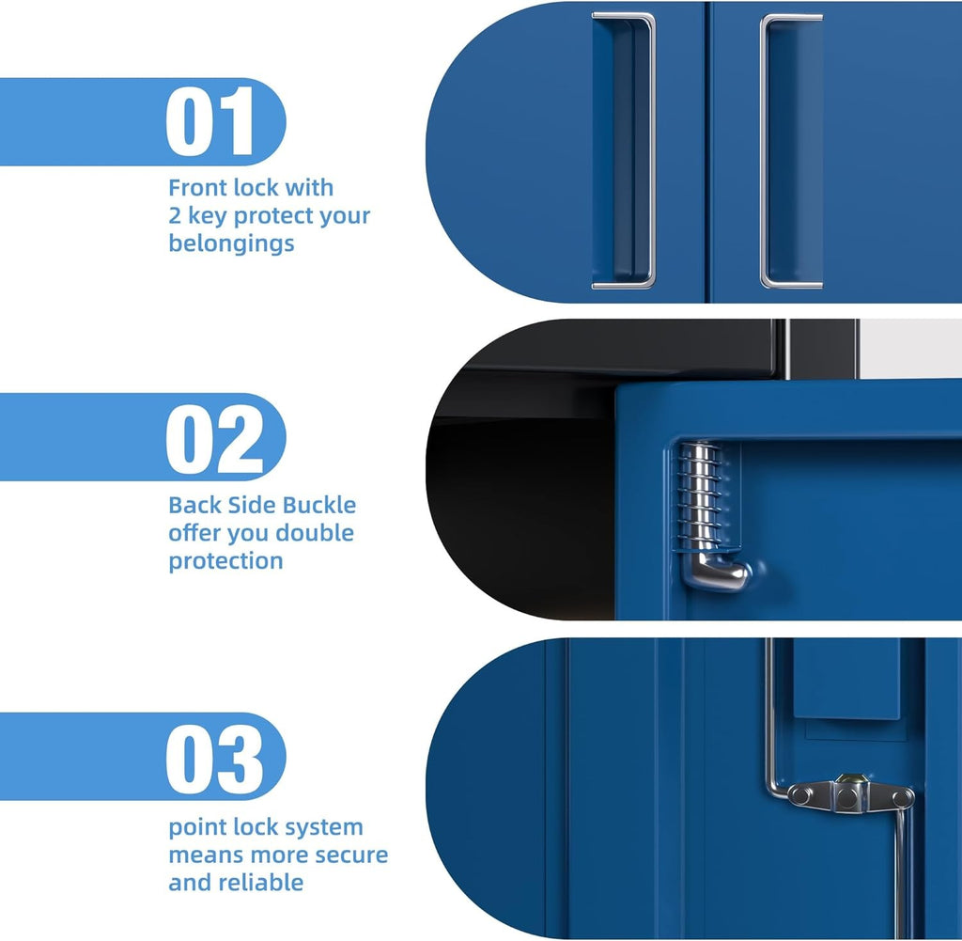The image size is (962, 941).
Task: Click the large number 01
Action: (x=211, y=121)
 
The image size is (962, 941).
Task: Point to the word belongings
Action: (x=231, y=243)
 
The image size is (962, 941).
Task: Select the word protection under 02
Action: (x=225, y=561)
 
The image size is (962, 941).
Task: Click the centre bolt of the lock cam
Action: (x=849, y=797)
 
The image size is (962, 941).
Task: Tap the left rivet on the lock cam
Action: (x=801, y=795)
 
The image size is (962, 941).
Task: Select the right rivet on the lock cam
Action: (x=902, y=797)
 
